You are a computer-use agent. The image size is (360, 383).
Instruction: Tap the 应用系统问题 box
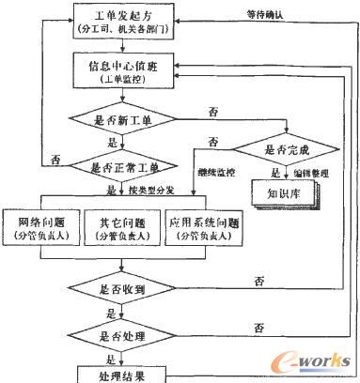click(204, 229)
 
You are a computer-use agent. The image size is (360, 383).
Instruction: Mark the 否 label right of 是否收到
click(256, 281)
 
